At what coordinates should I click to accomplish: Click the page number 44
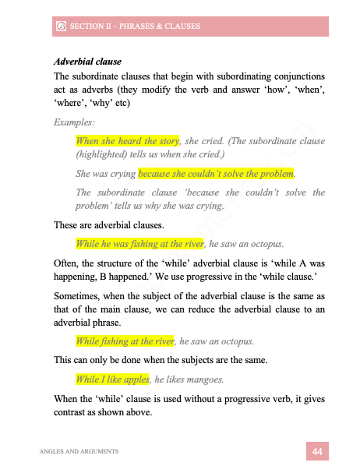317,451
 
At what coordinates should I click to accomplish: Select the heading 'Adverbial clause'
87,61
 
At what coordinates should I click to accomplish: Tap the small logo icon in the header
61,26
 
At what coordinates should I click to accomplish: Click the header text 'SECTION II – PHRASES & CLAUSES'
135,26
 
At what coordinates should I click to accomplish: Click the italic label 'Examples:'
73,122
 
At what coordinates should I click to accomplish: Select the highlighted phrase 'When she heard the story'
127,141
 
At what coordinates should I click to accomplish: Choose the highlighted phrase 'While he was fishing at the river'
139,242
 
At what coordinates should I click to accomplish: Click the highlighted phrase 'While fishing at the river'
124,341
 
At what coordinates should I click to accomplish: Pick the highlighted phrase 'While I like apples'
112,379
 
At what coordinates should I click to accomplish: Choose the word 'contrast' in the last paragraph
74,412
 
